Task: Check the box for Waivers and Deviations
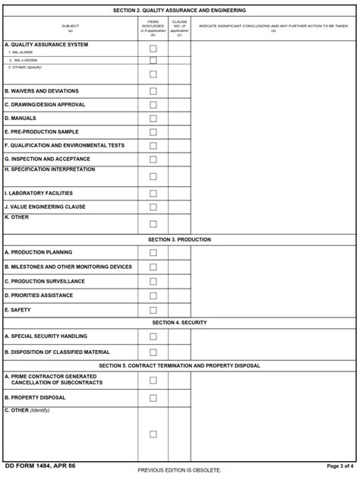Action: click(x=153, y=91)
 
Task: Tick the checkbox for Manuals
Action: click(x=153, y=118)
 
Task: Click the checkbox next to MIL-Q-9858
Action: click(x=153, y=49)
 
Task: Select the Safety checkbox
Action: click(x=153, y=310)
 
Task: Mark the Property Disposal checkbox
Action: click(x=153, y=398)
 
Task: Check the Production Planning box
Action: click(x=153, y=253)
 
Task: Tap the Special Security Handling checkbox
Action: click(x=153, y=336)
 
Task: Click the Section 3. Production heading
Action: click(x=179, y=239)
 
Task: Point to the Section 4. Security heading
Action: click(x=179, y=323)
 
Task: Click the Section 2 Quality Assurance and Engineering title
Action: click(x=179, y=11)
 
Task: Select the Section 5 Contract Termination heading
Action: click(x=179, y=365)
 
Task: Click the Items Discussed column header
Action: click(x=153, y=27)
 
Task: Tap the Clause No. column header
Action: click(x=179, y=27)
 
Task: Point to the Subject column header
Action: click(x=71, y=27)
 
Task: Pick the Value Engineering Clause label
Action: click(x=45, y=207)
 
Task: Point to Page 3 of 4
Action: click(x=340, y=466)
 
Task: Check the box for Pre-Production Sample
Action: click(x=153, y=132)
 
